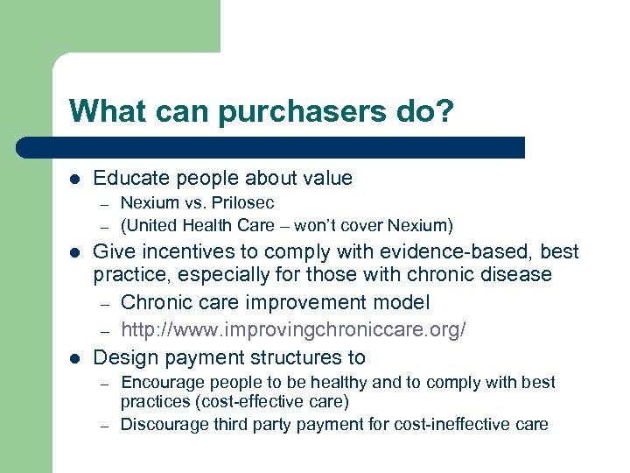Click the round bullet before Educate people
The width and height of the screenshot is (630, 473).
[x=75, y=179]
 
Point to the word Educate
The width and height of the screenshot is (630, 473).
[x=128, y=179]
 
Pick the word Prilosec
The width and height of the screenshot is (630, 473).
[x=242, y=203]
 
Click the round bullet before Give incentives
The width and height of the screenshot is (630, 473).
[x=75, y=252]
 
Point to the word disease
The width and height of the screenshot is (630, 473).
[x=516, y=275]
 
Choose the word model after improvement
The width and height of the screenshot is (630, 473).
[x=402, y=302]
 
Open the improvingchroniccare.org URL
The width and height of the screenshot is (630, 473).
[x=293, y=329]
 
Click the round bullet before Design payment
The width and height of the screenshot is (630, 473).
[x=75, y=358]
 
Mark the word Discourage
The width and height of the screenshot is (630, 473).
[x=162, y=425]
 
